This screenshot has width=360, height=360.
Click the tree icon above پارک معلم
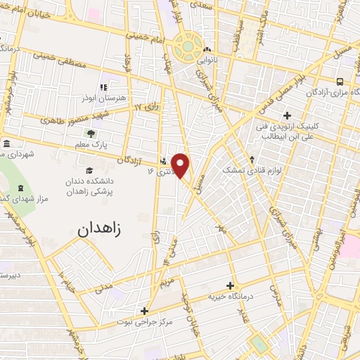90,132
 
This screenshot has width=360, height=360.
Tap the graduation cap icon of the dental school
89,171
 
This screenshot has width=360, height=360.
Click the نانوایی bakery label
206,60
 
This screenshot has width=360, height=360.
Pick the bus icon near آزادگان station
340,81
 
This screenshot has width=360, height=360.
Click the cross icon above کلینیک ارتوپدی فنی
287,115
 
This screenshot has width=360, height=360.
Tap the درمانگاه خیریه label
230,297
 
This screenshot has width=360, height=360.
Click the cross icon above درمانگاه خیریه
231,285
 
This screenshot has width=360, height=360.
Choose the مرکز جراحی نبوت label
143,322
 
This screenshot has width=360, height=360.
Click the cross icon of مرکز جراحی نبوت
144,311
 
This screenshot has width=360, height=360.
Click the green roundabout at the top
188,47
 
